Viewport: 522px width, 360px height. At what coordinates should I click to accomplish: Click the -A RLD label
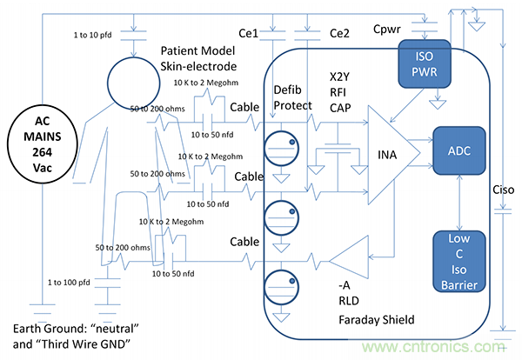pos(349,291)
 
